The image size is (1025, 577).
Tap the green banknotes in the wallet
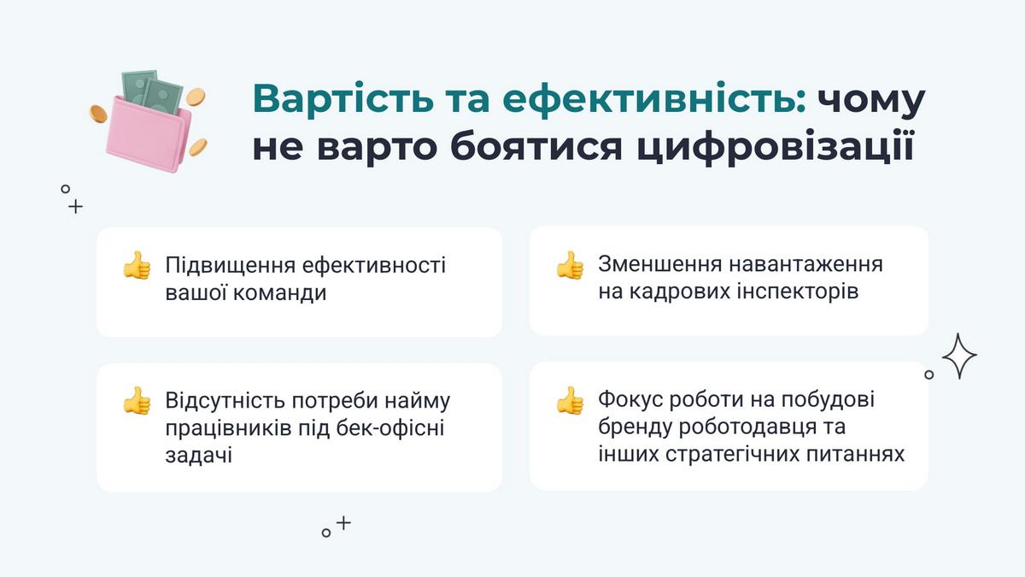(x=152, y=93)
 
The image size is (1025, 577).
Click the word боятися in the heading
(x=536, y=146)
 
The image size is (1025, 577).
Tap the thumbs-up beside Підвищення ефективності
(x=137, y=265)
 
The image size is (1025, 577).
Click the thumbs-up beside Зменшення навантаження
(x=570, y=265)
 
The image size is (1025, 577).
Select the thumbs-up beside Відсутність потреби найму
(x=137, y=400)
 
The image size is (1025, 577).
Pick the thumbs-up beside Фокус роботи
(x=570, y=400)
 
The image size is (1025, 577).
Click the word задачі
(x=198, y=456)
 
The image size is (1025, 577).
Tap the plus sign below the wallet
(x=75, y=207)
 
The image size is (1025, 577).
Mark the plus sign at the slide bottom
(x=343, y=522)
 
